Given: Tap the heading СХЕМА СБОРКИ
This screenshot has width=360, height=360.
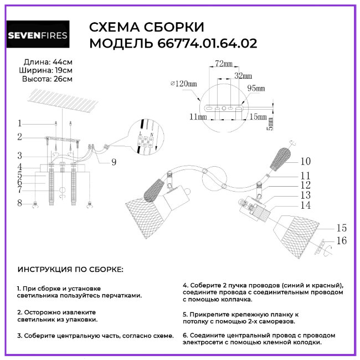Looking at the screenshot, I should [147, 28].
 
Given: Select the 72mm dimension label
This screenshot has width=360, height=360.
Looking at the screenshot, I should [223, 64].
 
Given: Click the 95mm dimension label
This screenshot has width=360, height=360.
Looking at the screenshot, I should [255, 89].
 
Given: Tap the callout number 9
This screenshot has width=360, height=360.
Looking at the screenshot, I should [114, 162].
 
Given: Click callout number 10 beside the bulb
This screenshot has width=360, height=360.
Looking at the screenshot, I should [306, 162].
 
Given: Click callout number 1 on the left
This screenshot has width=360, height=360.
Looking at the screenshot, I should [19, 124].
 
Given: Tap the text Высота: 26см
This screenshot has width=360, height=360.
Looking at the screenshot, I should [47, 79].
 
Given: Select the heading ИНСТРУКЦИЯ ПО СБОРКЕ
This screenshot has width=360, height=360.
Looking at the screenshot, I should [71, 270].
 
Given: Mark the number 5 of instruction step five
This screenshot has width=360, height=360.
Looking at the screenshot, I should [184, 313].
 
